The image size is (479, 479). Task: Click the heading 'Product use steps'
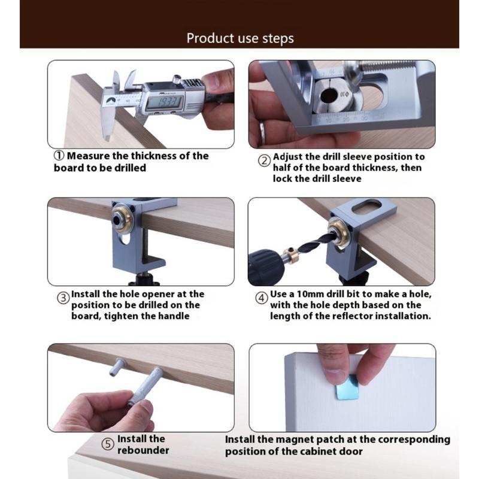click(x=240, y=38)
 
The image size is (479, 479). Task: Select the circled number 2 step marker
click(x=264, y=160)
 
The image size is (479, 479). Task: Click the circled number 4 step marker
click(x=262, y=298)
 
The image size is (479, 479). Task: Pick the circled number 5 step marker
click(x=107, y=444)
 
